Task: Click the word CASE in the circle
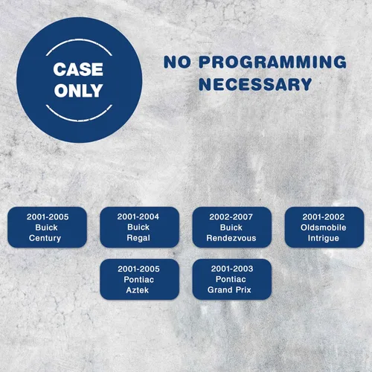click(78, 69)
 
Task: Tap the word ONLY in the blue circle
click(78, 90)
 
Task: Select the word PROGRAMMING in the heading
click(272, 62)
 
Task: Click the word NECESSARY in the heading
click(255, 84)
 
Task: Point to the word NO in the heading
click(177, 62)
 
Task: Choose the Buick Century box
click(47, 227)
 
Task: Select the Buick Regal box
click(139, 227)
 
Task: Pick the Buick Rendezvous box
click(232, 227)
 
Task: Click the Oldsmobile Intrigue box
click(324, 227)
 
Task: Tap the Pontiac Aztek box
click(139, 279)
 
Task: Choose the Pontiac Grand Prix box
click(232, 279)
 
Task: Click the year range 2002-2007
click(231, 217)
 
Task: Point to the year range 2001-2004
click(138, 217)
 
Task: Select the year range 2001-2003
click(232, 269)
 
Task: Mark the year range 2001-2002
click(324, 217)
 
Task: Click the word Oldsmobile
click(324, 228)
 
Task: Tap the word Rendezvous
click(231, 238)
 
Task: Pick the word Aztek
click(138, 290)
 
